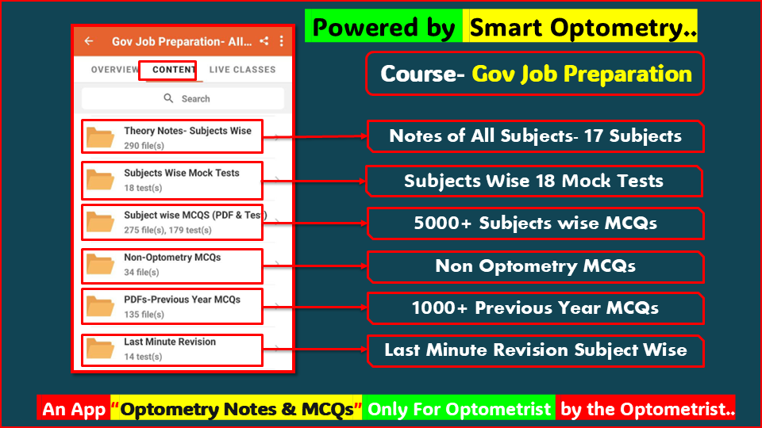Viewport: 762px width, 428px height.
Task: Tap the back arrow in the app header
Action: click(x=89, y=41)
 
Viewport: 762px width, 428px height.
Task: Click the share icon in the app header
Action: click(x=264, y=41)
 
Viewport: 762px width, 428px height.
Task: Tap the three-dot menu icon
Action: click(x=282, y=41)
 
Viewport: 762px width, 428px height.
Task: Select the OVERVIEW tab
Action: click(x=115, y=70)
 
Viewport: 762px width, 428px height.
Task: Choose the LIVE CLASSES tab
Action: click(x=242, y=70)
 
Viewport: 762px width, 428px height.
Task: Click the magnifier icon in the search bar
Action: click(x=168, y=98)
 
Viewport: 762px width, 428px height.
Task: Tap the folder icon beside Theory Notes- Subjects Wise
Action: click(x=101, y=138)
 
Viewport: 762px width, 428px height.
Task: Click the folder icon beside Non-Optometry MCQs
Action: click(x=101, y=265)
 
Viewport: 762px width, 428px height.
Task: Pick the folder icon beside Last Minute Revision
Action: click(x=101, y=349)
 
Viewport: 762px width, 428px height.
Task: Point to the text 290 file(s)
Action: click(x=144, y=146)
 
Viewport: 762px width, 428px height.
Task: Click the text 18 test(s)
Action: click(x=143, y=188)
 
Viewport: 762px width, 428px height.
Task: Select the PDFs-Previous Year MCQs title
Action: click(x=182, y=300)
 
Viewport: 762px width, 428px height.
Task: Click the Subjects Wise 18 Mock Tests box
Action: click(x=533, y=181)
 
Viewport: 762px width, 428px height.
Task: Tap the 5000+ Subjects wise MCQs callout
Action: click(x=535, y=224)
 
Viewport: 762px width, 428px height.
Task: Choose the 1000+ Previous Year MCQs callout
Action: click(x=535, y=308)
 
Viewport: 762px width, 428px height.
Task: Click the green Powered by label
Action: click(x=383, y=29)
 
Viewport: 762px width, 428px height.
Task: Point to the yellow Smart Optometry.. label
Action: click(x=583, y=29)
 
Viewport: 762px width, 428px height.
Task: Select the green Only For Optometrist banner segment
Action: click(x=459, y=409)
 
